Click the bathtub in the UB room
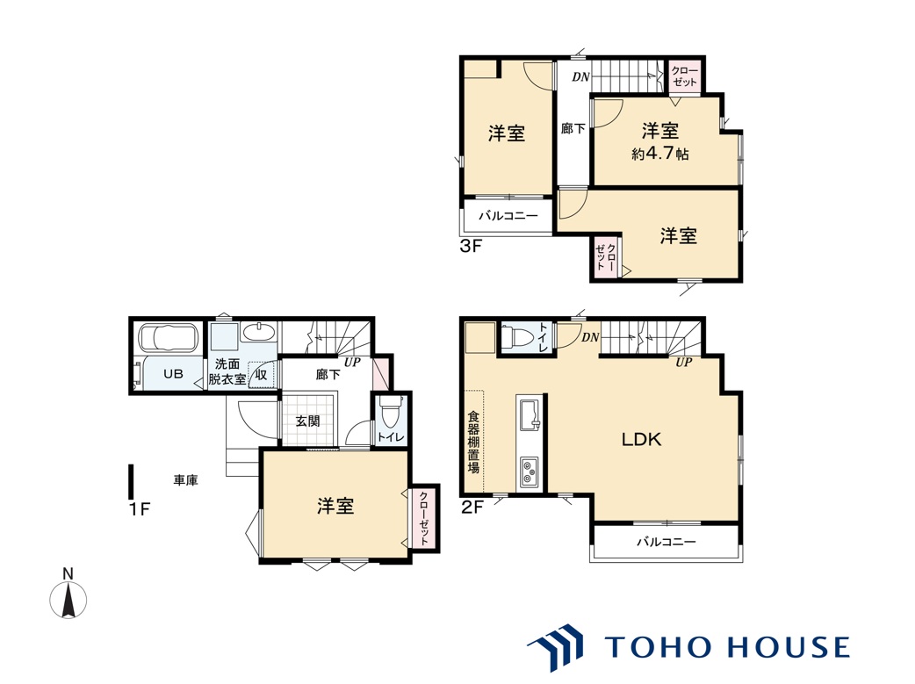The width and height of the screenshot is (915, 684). pos(169,338)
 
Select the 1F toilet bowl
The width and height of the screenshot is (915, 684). pos(389,413)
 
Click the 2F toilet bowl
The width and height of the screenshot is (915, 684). pos(517,338)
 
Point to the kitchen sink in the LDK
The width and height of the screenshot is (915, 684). pos(530,415)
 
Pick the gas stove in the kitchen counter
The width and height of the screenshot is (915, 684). pos(530,472)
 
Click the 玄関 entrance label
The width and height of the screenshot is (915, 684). pos(307,421)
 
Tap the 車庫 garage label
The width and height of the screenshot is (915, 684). pos(185,480)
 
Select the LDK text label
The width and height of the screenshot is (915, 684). pos(641,440)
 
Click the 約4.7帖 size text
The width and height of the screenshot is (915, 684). pos(660,154)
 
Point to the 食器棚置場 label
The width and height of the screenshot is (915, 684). pos(474,443)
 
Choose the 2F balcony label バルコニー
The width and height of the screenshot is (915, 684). pos(666,542)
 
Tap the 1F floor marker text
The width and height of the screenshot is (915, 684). pos(140,509)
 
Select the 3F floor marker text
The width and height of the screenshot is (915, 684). pos(471,246)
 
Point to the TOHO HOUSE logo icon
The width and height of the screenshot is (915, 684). pos(556,646)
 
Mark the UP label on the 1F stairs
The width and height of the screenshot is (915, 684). pos(352,362)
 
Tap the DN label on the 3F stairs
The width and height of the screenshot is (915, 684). pos(580,76)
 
